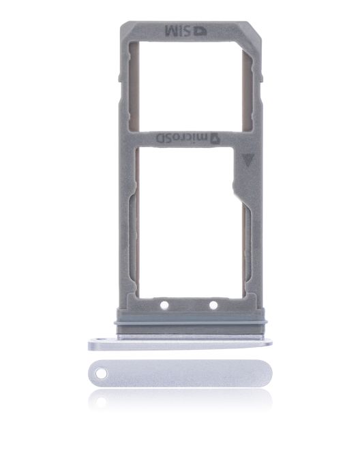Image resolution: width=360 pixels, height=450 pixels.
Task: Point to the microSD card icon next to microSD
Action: pos(213,138)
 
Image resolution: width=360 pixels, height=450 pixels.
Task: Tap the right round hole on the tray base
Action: pos(213,305)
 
